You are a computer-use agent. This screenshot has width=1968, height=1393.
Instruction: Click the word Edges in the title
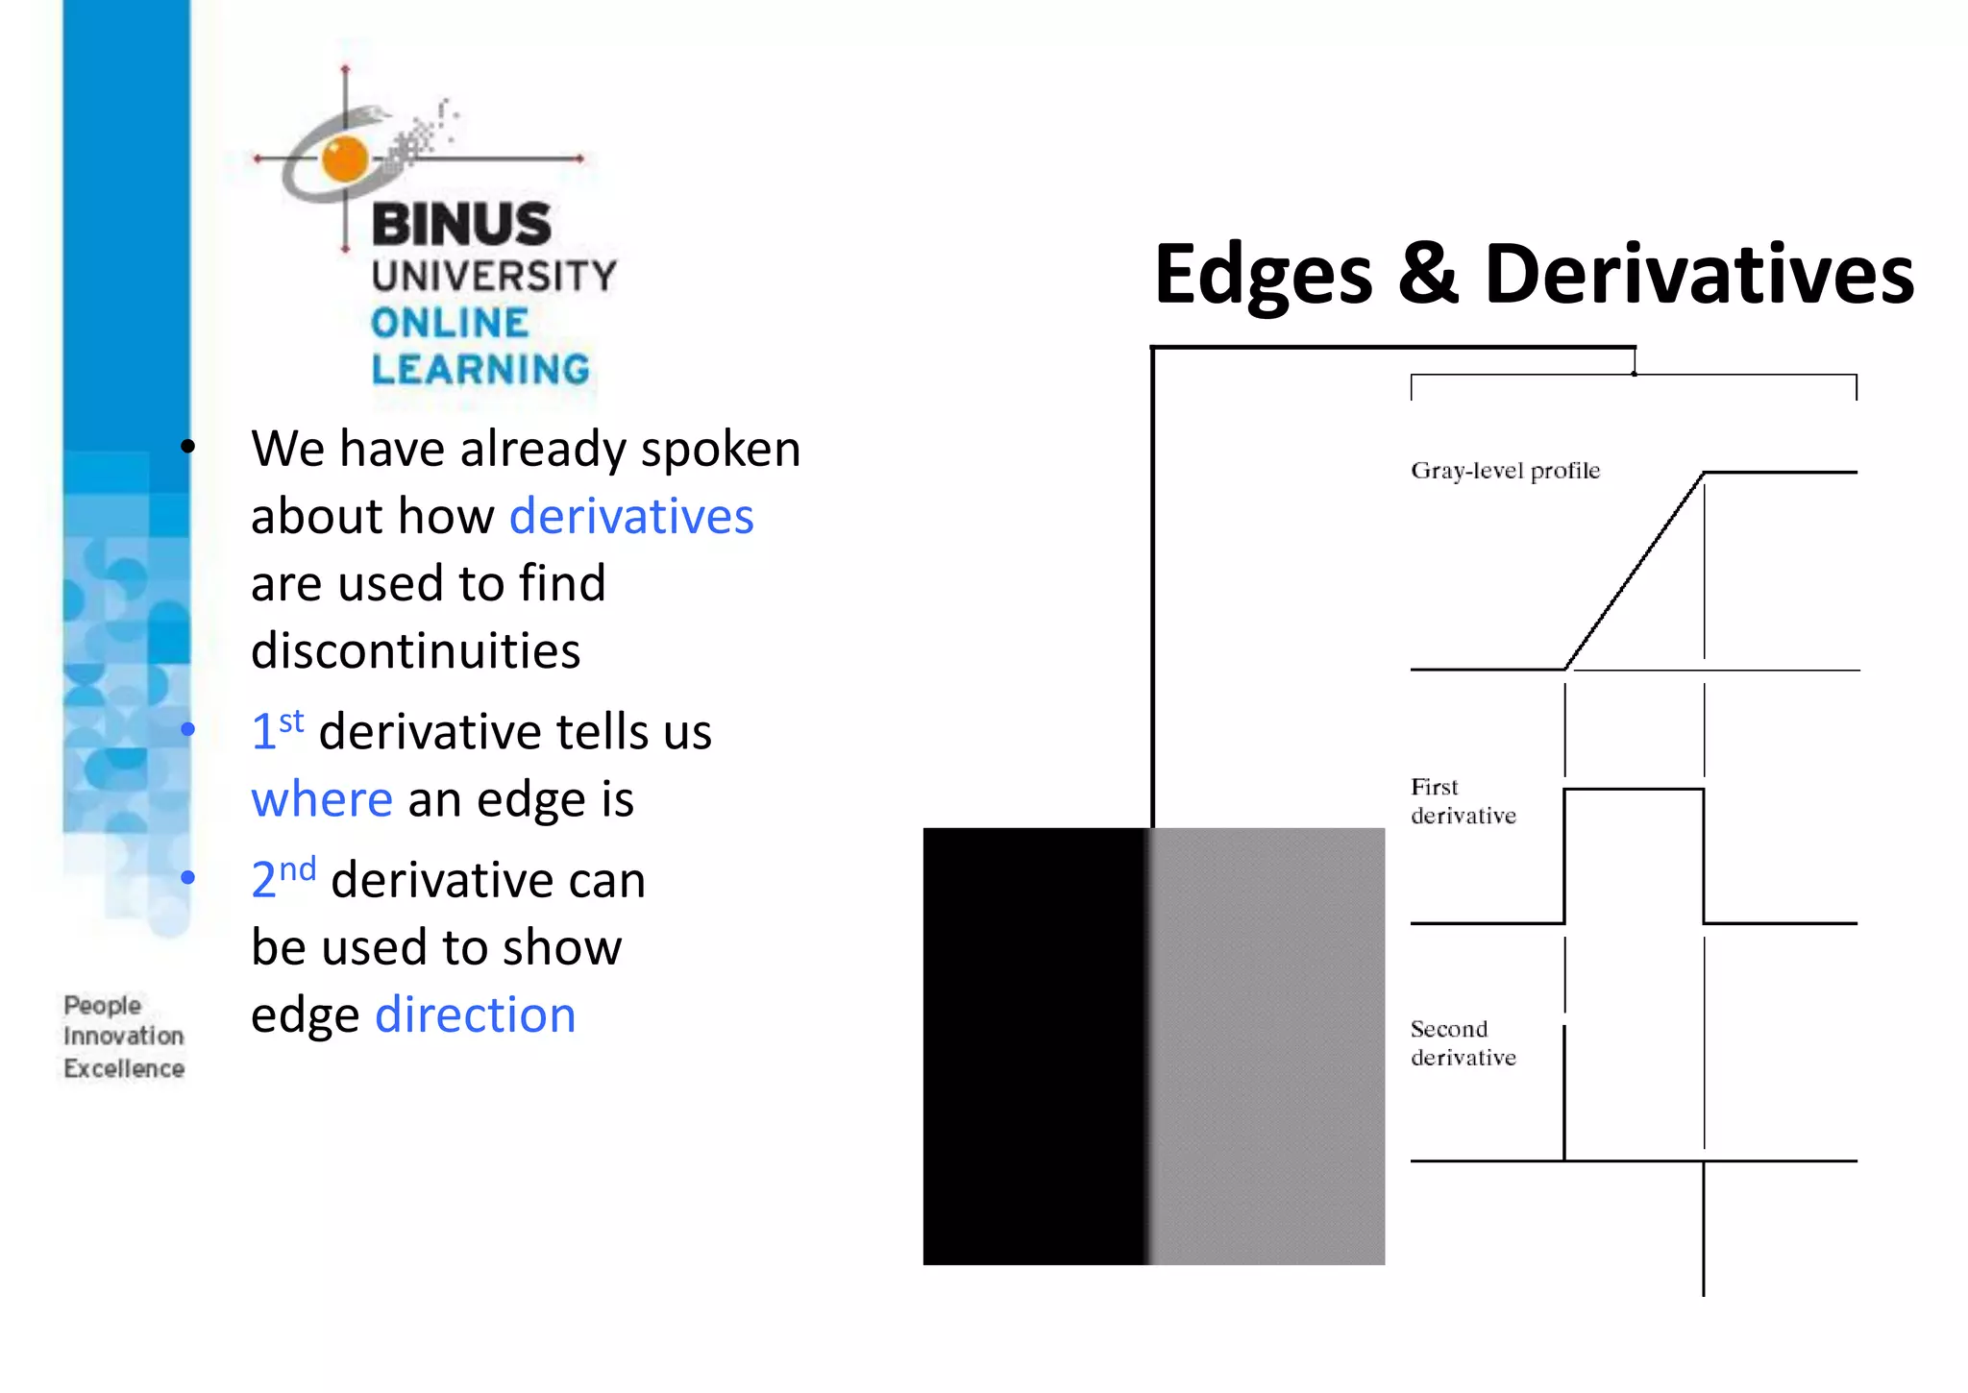pyautogui.click(x=1263, y=275)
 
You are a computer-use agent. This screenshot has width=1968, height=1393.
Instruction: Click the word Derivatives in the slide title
pyautogui.click(x=1699, y=275)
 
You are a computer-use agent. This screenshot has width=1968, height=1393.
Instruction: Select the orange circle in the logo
pyautogui.click(x=345, y=159)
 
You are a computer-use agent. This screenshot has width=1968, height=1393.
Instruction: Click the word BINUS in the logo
pyautogui.click(x=461, y=224)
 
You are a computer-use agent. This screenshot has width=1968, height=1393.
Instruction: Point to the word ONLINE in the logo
pyautogui.click(x=450, y=324)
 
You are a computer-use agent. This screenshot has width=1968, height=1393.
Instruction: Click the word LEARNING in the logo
pyautogui.click(x=480, y=370)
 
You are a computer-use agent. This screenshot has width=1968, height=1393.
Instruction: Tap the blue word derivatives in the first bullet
pyautogui.click(x=631, y=516)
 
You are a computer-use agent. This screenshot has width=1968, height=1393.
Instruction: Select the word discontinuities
pyautogui.click(x=415, y=650)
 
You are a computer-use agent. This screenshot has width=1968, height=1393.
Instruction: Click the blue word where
pyautogui.click(x=322, y=798)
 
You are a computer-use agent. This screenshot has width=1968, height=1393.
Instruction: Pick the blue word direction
pyautogui.click(x=476, y=1014)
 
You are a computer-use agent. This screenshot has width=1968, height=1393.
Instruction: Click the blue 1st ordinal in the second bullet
pyautogui.click(x=277, y=730)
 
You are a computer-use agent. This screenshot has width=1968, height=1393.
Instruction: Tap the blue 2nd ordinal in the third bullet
pyautogui.click(x=283, y=878)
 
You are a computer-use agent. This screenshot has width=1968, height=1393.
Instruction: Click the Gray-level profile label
pyautogui.click(x=1505, y=471)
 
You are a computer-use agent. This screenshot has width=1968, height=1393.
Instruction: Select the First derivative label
pyautogui.click(x=1463, y=801)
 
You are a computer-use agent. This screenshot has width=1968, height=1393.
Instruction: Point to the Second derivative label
pyautogui.click(x=1463, y=1043)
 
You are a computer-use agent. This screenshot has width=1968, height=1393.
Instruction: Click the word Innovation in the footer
pyautogui.click(x=124, y=1036)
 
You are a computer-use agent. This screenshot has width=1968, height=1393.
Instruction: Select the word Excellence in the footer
pyautogui.click(x=124, y=1068)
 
